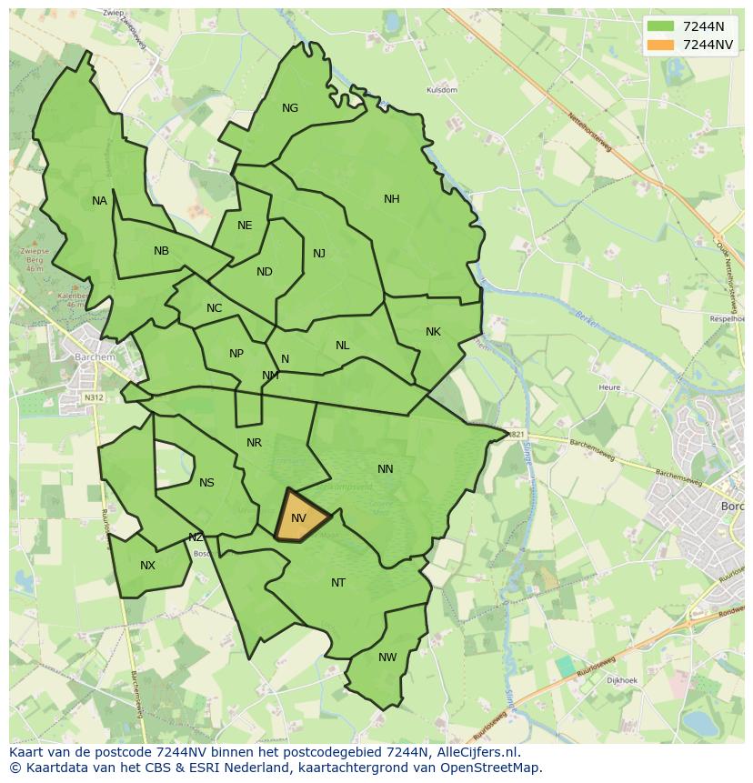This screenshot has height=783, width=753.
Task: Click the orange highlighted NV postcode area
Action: (x=300, y=518)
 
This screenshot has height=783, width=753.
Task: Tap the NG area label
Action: (x=290, y=108)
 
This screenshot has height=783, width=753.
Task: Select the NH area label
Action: (x=392, y=199)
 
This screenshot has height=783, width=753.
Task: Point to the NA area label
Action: (x=99, y=201)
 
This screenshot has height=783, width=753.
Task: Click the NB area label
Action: (x=161, y=251)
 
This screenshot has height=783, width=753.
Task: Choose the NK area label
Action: (x=433, y=332)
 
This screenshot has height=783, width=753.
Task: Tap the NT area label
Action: (x=338, y=583)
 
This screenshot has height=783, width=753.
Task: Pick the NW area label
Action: (x=387, y=658)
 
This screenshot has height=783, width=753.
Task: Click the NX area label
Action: (x=147, y=566)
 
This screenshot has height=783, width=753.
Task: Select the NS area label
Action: (x=206, y=483)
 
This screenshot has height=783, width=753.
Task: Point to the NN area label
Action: (x=386, y=469)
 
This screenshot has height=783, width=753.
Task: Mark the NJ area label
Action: (x=319, y=254)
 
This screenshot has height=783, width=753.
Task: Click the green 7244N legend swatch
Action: (x=661, y=26)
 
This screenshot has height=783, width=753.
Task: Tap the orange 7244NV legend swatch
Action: (x=661, y=45)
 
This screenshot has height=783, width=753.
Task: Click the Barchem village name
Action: (x=95, y=357)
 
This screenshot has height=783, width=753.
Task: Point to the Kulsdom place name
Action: (x=442, y=91)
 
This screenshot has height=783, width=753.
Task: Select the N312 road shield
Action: (x=93, y=397)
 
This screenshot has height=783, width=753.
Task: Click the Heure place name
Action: (x=609, y=387)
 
